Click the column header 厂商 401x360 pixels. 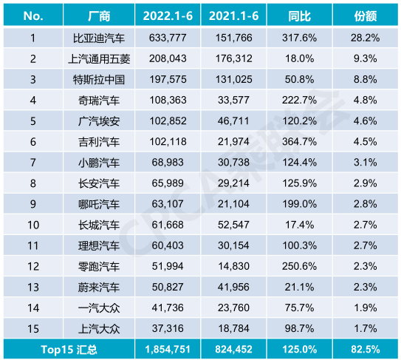(x=98, y=16)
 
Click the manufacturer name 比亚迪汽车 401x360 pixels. (x=98, y=38)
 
